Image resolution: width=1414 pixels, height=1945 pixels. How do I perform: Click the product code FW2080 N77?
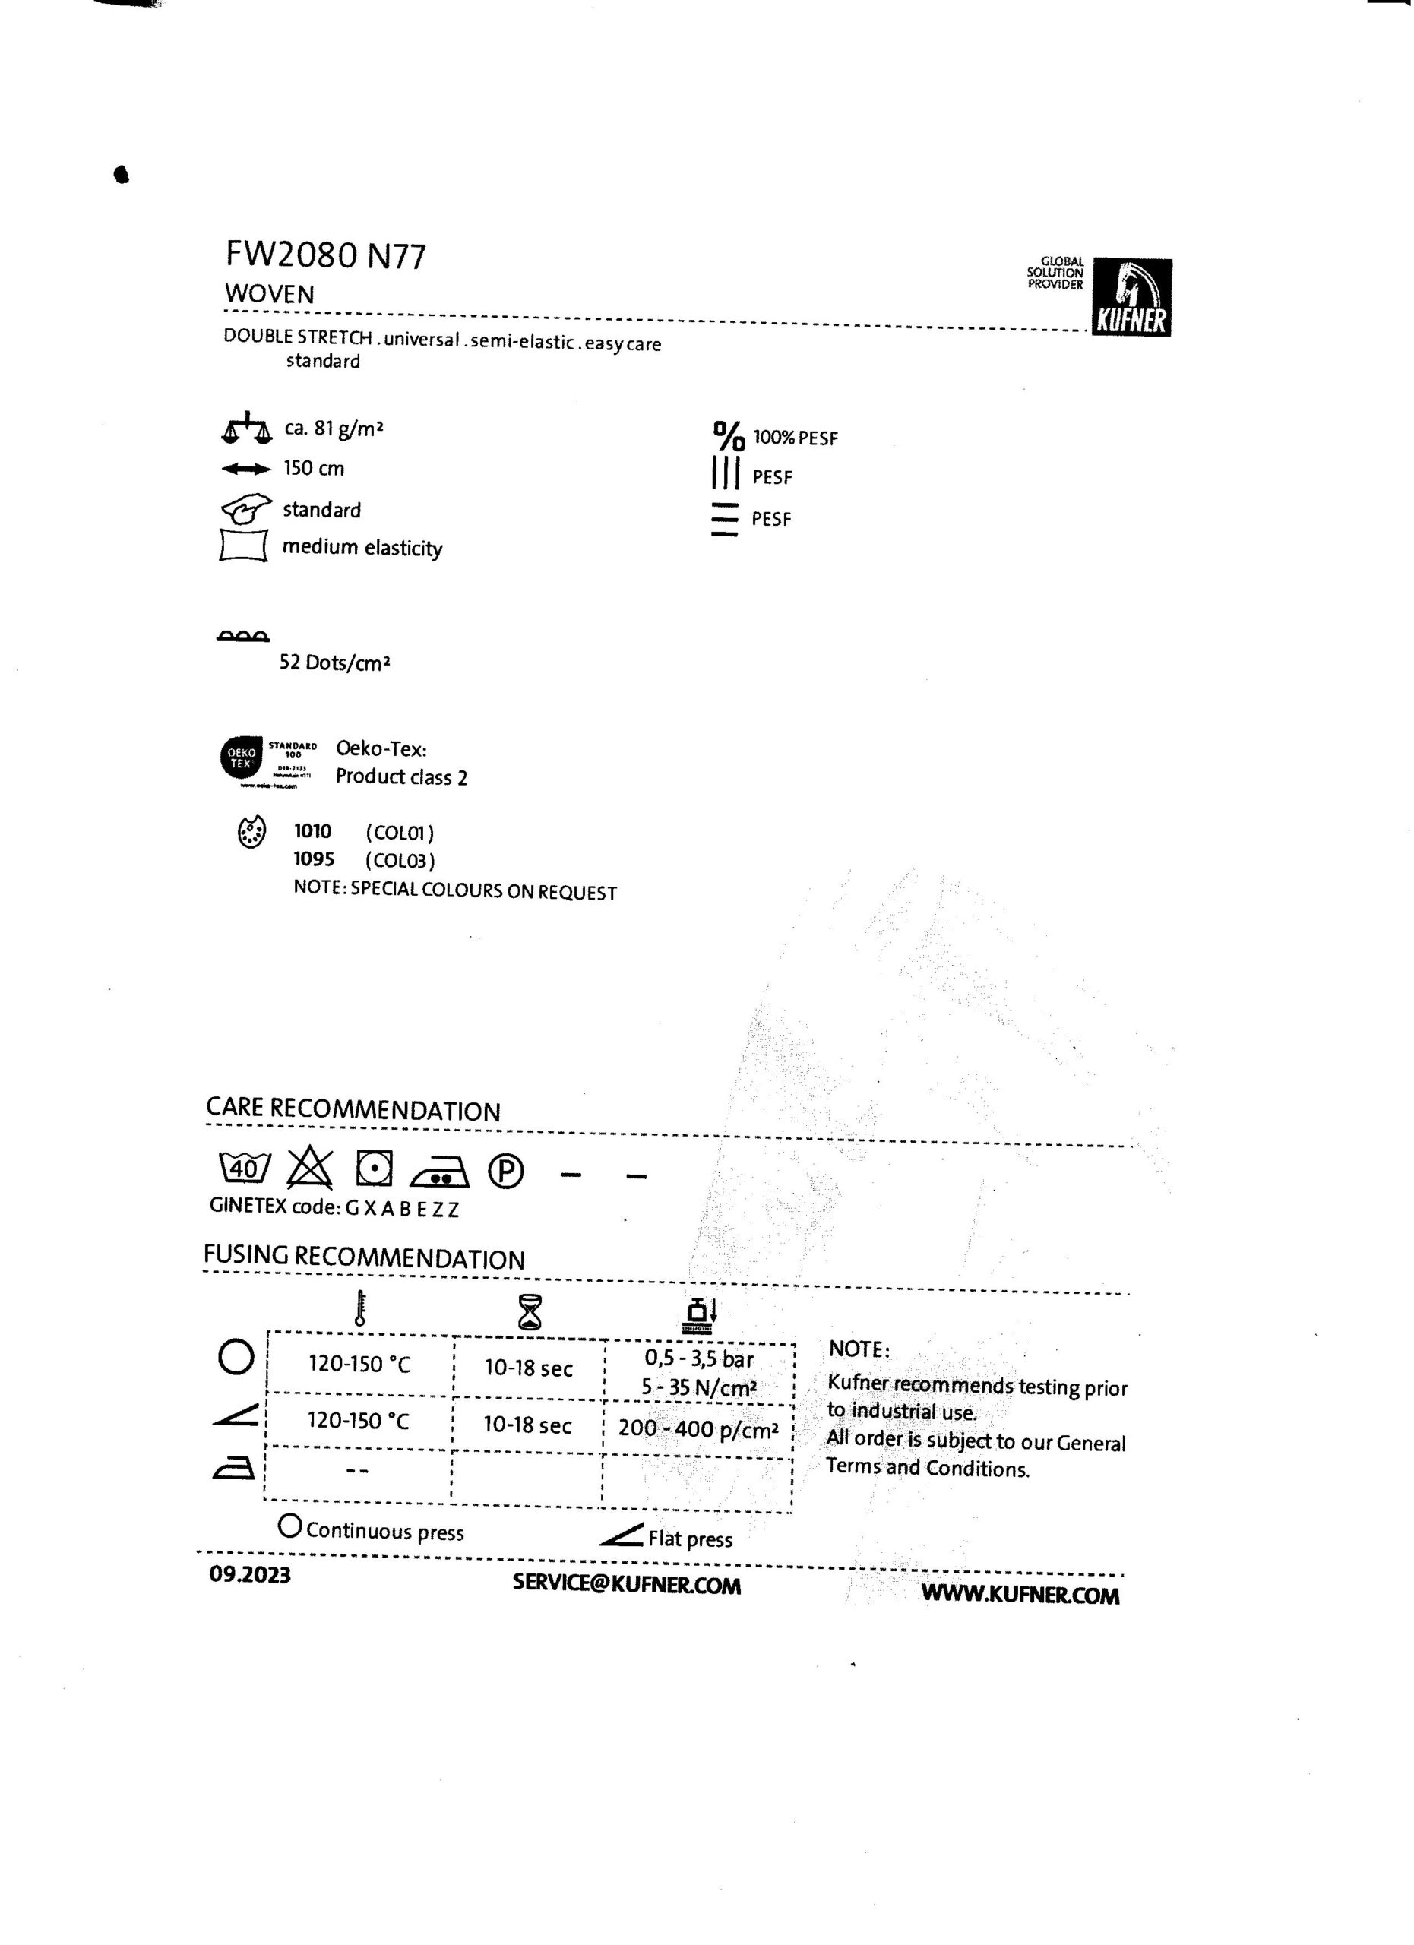click(x=325, y=255)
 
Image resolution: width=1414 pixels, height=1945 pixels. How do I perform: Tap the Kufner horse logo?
click(x=1132, y=297)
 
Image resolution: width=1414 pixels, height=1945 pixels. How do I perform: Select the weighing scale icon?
click(x=246, y=428)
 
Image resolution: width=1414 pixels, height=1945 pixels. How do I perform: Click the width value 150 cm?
click(x=314, y=468)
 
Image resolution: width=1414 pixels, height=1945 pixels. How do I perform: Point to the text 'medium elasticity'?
click(x=362, y=547)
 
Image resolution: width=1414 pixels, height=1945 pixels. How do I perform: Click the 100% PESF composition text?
click(x=795, y=438)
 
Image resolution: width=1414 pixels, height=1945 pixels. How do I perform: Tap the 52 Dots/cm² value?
click(x=334, y=663)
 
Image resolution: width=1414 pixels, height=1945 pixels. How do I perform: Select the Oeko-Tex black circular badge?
click(x=242, y=758)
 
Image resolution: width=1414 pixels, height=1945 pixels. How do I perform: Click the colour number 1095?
click(x=314, y=859)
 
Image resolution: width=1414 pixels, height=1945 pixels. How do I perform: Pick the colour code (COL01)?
click(x=400, y=833)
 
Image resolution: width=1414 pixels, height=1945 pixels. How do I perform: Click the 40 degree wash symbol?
click(x=245, y=1169)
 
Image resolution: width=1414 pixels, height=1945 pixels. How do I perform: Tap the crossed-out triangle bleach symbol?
click(x=309, y=1168)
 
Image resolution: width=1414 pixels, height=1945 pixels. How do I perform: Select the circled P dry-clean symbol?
click(x=506, y=1172)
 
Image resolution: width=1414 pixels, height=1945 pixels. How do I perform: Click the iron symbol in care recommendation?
click(x=440, y=1172)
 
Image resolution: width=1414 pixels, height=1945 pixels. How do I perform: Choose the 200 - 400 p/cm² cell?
click(x=698, y=1428)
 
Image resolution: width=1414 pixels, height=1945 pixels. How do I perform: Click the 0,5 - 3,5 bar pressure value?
click(x=699, y=1359)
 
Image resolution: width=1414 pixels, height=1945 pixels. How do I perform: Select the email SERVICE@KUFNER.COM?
click(x=627, y=1585)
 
